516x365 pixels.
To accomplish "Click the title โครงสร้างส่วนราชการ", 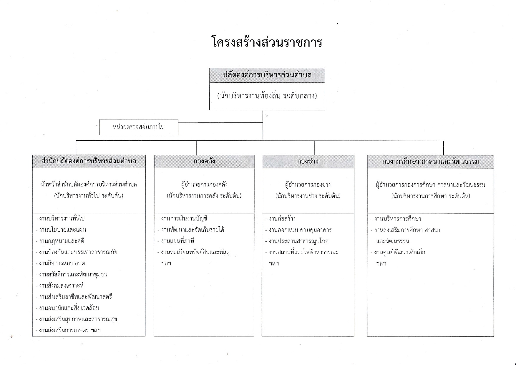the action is pyautogui.click(x=267, y=42).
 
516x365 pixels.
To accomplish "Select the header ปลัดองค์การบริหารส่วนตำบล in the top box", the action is pyautogui.click(x=267, y=75).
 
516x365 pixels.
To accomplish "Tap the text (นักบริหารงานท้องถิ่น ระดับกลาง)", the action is pyautogui.click(x=267, y=96).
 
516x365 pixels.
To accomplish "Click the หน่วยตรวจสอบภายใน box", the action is pyautogui.click(x=139, y=127).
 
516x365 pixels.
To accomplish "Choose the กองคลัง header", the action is pyautogui.click(x=204, y=161).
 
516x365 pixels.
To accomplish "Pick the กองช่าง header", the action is pyautogui.click(x=308, y=161).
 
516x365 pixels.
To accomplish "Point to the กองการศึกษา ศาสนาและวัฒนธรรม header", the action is pyautogui.click(x=430, y=161).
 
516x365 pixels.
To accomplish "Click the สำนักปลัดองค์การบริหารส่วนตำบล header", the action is pyautogui.click(x=89, y=161).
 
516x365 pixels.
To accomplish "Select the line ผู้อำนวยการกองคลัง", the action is pyautogui.click(x=204, y=185).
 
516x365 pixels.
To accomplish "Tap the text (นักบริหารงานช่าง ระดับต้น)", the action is pyautogui.click(x=308, y=196).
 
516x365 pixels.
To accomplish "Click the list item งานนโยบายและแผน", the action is pyautogui.click(x=61, y=230).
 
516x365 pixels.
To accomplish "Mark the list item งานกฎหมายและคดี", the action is pyautogui.click(x=60, y=241).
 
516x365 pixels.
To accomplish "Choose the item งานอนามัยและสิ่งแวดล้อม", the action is pyautogui.click(x=67, y=308).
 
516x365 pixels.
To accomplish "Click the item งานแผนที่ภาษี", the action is pyautogui.click(x=176, y=241).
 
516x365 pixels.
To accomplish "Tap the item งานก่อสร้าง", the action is pyautogui.click(x=280, y=219).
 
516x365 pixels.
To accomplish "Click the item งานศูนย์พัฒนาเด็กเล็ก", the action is pyautogui.click(x=398, y=252).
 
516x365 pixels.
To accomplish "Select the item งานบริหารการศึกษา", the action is pyautogui.click(x=396, y=219).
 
